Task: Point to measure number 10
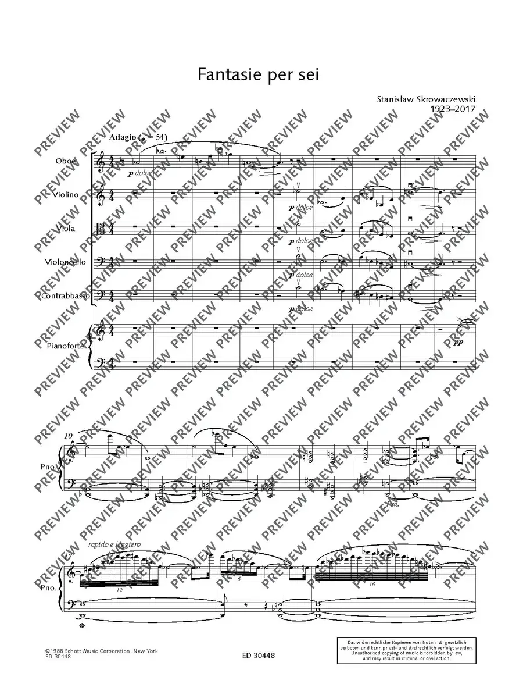(x=70, y=435)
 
